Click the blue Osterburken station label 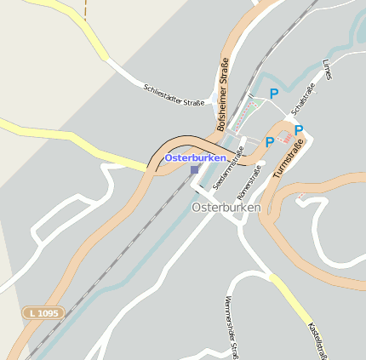tap(195, 158)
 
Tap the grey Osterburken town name tap(220, 207)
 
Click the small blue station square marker tap(194, 169)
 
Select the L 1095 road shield tap(43, 313)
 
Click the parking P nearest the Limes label tap(274, 94)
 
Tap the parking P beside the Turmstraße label tap(299, 130)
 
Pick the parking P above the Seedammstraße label tap(269, 142)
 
